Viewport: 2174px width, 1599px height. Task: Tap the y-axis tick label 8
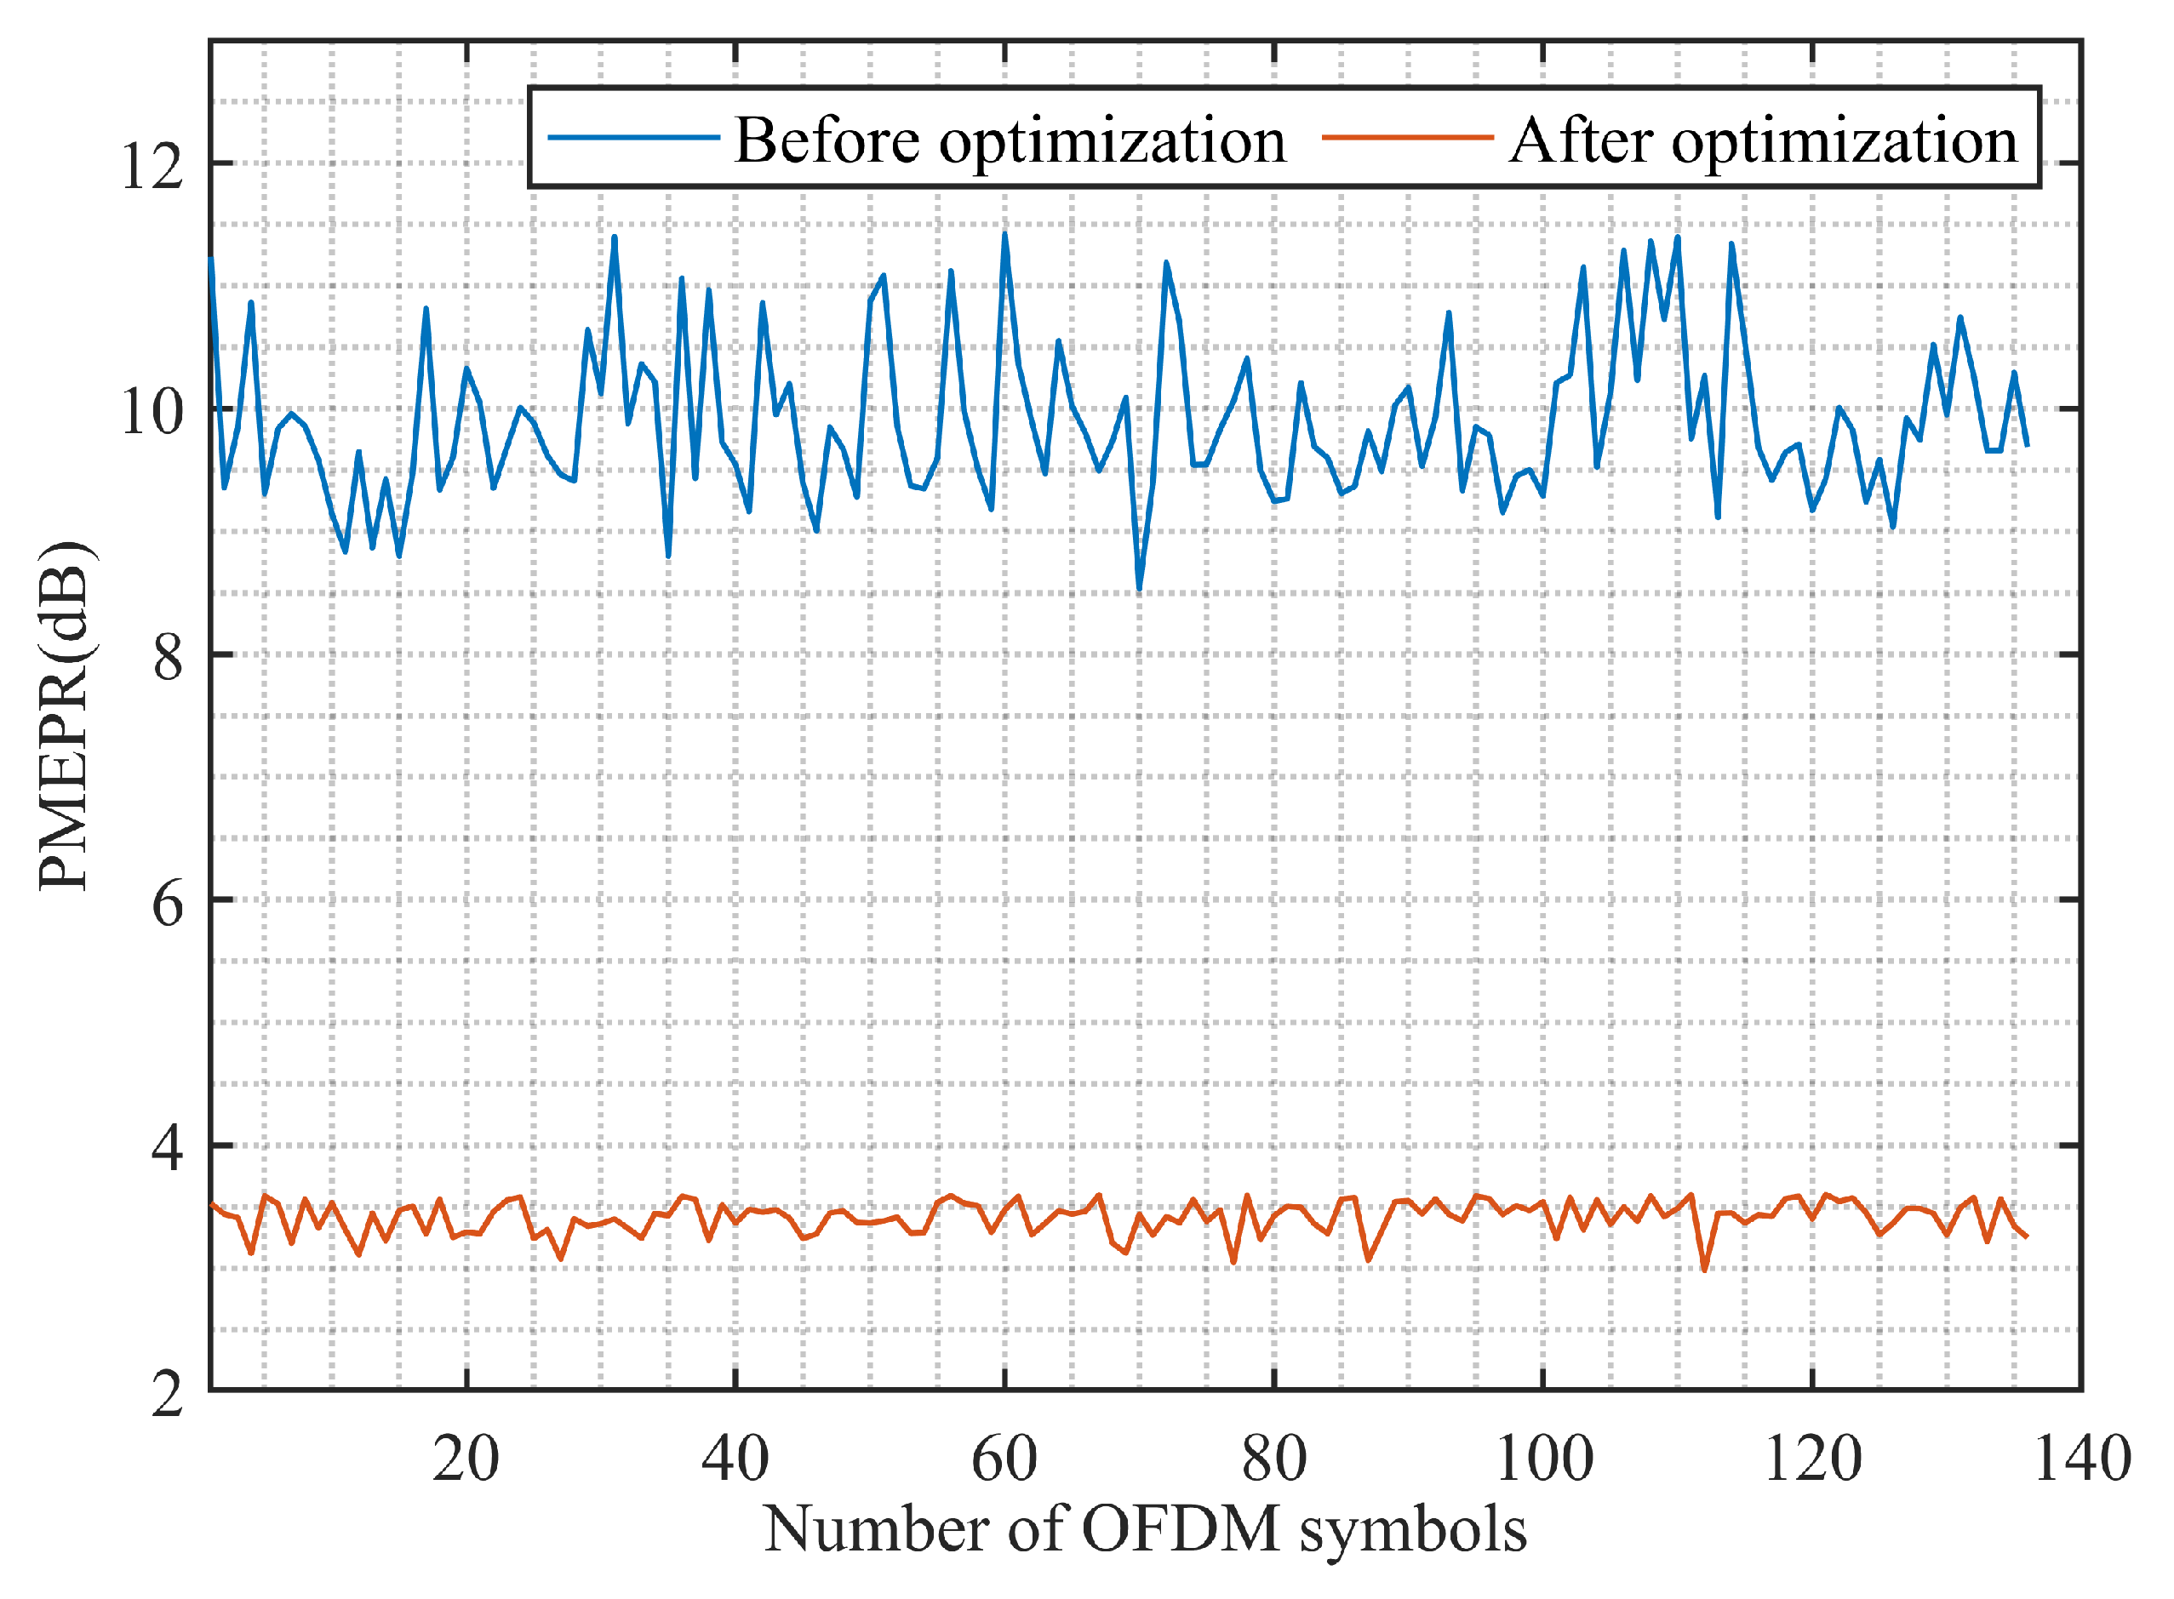click(x=168, y=657)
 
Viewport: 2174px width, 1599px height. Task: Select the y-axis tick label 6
click(x=168, y=904)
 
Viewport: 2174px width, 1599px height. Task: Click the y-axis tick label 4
click(x=168, y=1148)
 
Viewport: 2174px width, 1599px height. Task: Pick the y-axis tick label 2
click(x=168, y=1395)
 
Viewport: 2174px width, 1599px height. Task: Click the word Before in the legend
click(x=827, y=140)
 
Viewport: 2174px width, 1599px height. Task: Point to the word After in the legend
click(x=1581, y=140)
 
